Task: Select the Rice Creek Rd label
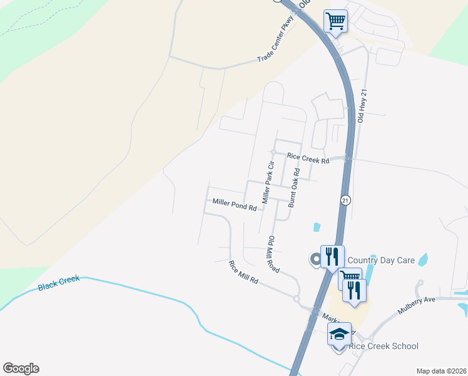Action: pos(308,159)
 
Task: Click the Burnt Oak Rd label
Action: pos(293,187)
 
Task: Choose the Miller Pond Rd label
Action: pos(235,204)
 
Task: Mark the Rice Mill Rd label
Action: pos(243,273)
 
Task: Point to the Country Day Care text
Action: pos(380,260)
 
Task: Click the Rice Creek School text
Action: pos(384,346)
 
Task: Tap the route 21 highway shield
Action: pos(345,200)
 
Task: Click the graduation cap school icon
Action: pos(338,334)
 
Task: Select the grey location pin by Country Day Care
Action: pos(315,258)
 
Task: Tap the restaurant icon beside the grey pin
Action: pos(332,256)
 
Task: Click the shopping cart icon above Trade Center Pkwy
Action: pos(335,21)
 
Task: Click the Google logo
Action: pos(21,368)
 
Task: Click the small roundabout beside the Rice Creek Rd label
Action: pos(273,152)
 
